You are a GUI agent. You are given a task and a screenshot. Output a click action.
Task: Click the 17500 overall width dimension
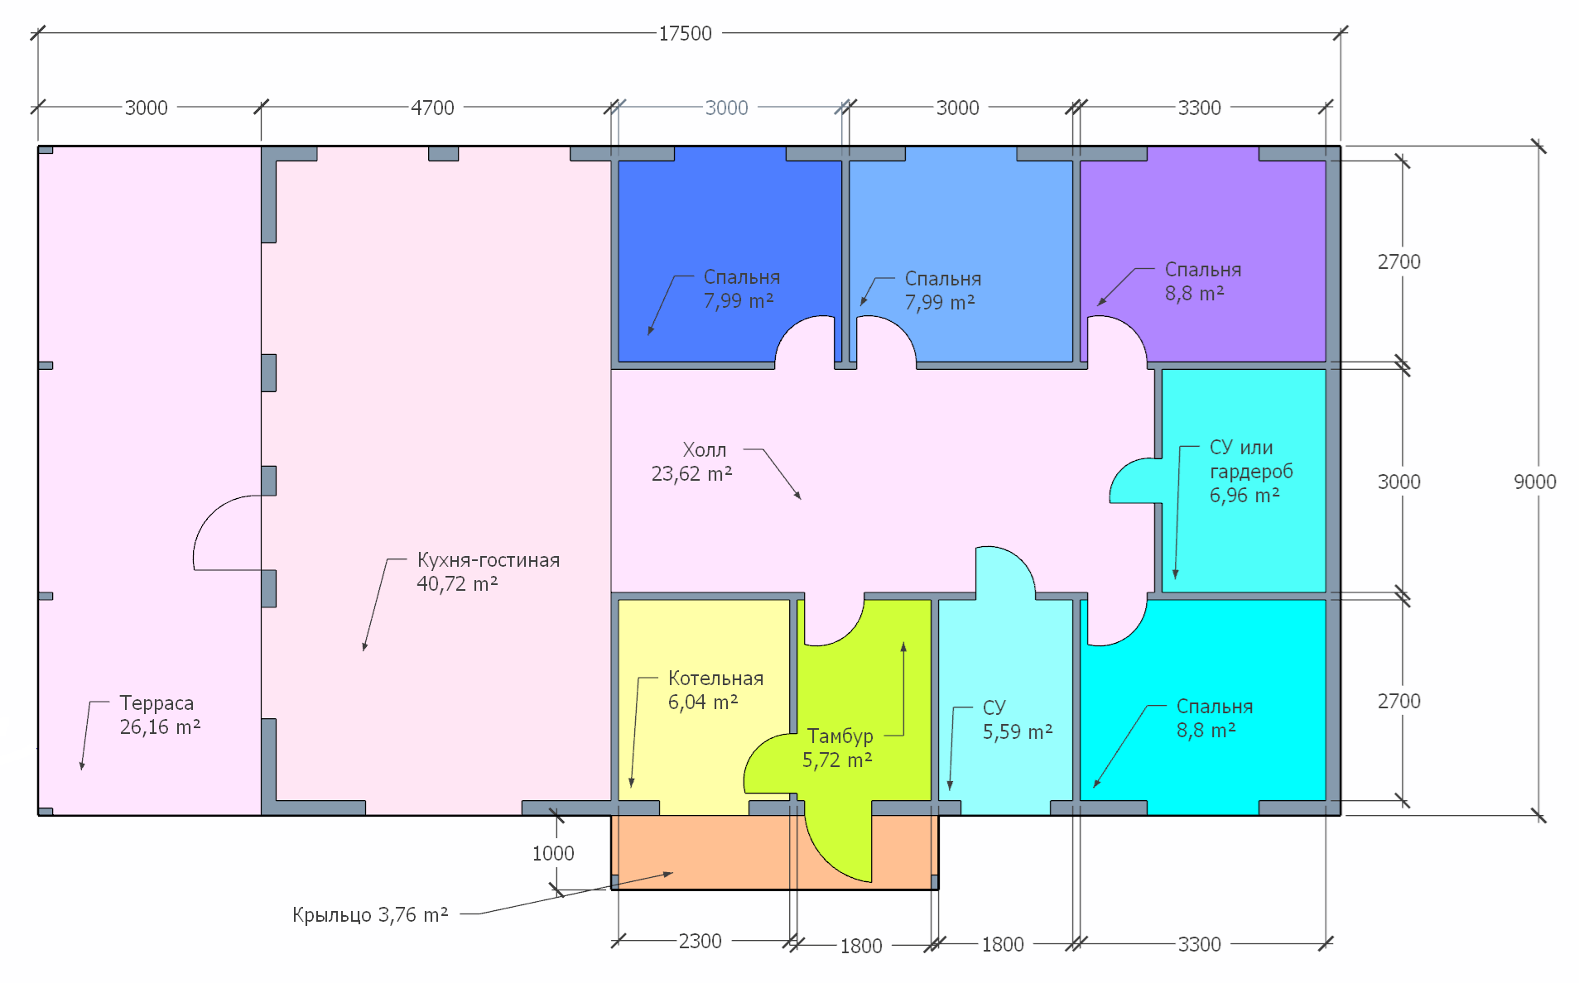[x=685, y=34]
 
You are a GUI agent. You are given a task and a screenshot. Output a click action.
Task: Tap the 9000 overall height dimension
[x=1534, y=482]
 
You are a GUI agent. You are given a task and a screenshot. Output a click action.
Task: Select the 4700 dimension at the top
[x=432, y=108]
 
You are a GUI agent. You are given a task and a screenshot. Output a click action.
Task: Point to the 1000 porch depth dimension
[x=553, y=853]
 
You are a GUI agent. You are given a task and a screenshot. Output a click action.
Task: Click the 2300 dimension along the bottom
[x=700, y=942]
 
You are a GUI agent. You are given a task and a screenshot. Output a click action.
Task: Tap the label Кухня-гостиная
[x=489, y=560]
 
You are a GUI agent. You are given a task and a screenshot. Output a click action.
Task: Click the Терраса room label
[x=156, y=703]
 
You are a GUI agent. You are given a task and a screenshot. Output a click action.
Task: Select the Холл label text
[x=705, y=450]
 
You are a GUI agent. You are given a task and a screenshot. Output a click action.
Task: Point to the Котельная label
[x=715, y=679]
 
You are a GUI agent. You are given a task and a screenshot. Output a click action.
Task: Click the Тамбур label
[x=840, y=736]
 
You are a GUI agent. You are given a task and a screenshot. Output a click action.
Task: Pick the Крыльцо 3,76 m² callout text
[x=370, y=915]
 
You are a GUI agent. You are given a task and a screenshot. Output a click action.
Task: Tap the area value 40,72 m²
[x=457, y=584]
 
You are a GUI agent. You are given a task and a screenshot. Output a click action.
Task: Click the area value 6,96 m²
[x=1244, y=496]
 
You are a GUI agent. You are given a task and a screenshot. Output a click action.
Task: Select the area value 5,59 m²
[x=1018, y=732]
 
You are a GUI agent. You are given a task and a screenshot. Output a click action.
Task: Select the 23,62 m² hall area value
[x=691, y=474]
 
